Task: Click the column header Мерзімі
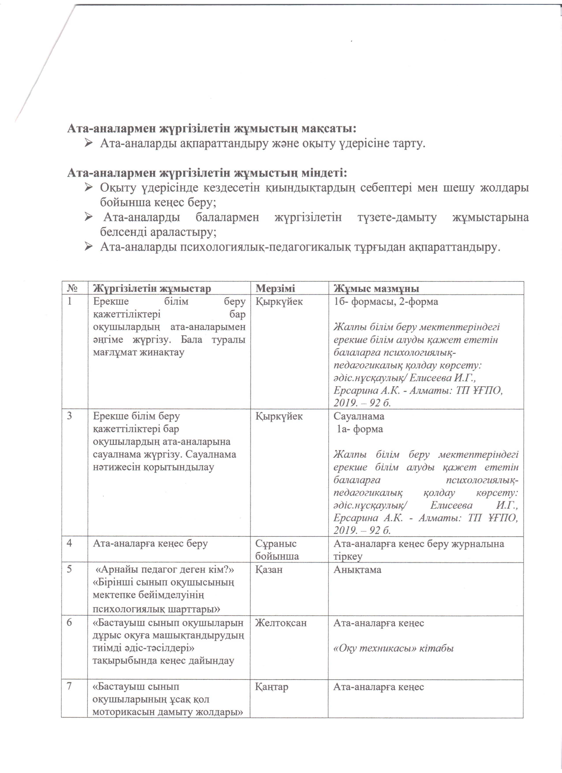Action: pos(275,288)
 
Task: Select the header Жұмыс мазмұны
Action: pos(376,288)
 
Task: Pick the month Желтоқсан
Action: pos(281,623)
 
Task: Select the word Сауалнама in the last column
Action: pos(359,416)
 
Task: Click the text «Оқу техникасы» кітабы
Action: pos(394,648)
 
